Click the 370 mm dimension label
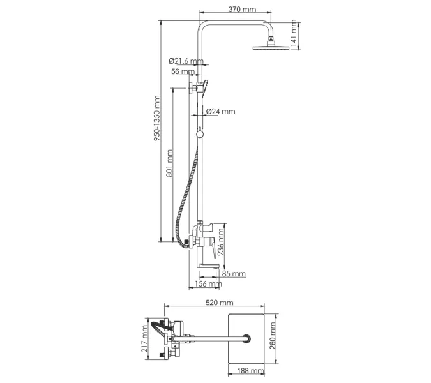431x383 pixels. (242, 10)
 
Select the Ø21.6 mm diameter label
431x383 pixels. (186, 61)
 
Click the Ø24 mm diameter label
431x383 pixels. (221, 112)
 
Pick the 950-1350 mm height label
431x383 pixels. (156, 118)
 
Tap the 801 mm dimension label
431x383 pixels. (169, 163)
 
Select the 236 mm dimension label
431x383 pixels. (221, 242)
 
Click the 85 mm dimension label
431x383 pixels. (234, 274)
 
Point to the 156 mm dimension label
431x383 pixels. (208, 283)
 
